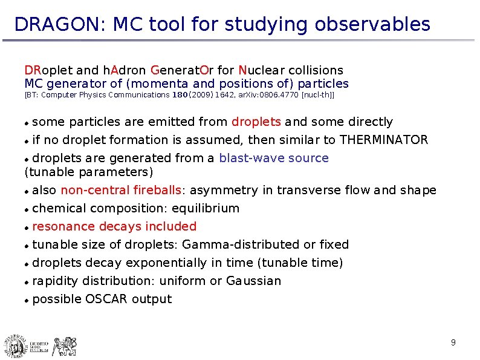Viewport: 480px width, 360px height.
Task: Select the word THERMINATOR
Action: coord(384,140)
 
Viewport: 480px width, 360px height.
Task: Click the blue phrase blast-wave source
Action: coord(274,159)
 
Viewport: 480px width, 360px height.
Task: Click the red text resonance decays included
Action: coord(114,227)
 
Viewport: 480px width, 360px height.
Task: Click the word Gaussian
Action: coord(253,281)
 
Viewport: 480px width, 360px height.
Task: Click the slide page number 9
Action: coord(453,344)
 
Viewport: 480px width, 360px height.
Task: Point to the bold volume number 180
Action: coord(180,95)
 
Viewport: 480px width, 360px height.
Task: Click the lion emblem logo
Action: coord(63,345)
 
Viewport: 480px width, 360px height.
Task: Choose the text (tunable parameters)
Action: coord(89,172)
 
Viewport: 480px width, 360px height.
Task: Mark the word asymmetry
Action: coord(224,191)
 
